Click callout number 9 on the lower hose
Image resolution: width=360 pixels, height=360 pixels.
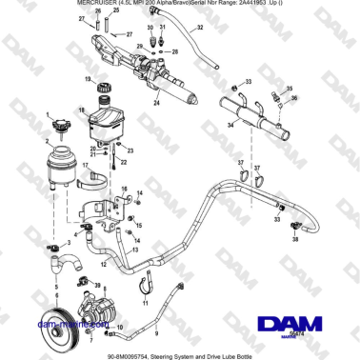156,333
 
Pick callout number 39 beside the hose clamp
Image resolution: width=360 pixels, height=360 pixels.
98,283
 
